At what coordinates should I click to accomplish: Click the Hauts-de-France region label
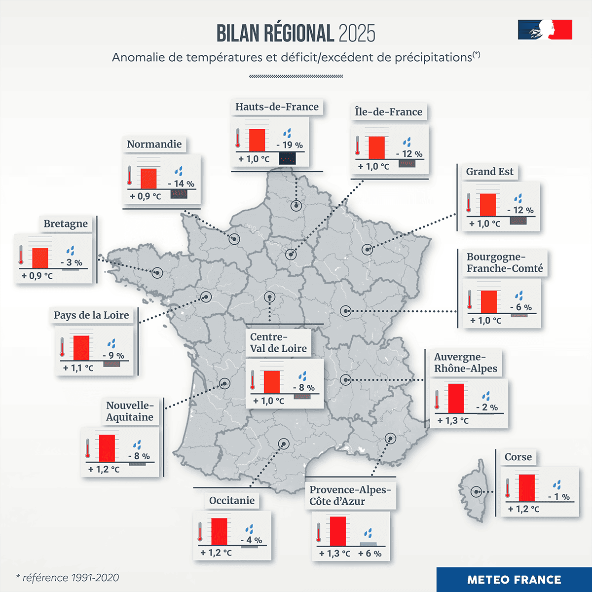(x=277, y=107)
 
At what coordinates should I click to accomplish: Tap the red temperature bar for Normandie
(x=148, y=179)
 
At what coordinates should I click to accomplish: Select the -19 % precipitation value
(x=290, y=145)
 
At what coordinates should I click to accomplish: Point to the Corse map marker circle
(x=477, y=492)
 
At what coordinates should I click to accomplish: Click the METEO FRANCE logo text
(x=514, y=580)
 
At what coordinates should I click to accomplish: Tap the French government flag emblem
(x=545, y=30)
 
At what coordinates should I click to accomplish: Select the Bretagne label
(x=66, y=224)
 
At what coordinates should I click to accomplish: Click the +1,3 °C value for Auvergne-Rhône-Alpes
(x=453, y=421)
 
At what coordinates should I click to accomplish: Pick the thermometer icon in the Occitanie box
(x=200, y=532)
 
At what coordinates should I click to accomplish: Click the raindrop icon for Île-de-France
(x=407, y=143)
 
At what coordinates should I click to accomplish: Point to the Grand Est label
(x=489, y=172)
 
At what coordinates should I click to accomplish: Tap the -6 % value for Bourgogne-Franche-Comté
(x=521, y=307)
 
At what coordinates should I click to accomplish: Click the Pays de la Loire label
(x=91, y=315)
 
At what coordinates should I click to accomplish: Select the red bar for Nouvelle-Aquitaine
(x=107, y=448)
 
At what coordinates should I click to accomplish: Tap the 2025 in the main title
(x=357, y=34)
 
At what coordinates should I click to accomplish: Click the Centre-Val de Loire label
(x=278, y=343)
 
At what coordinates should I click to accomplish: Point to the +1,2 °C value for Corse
(x=523, y=509)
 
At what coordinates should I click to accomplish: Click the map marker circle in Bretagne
(x=157, y=273)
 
